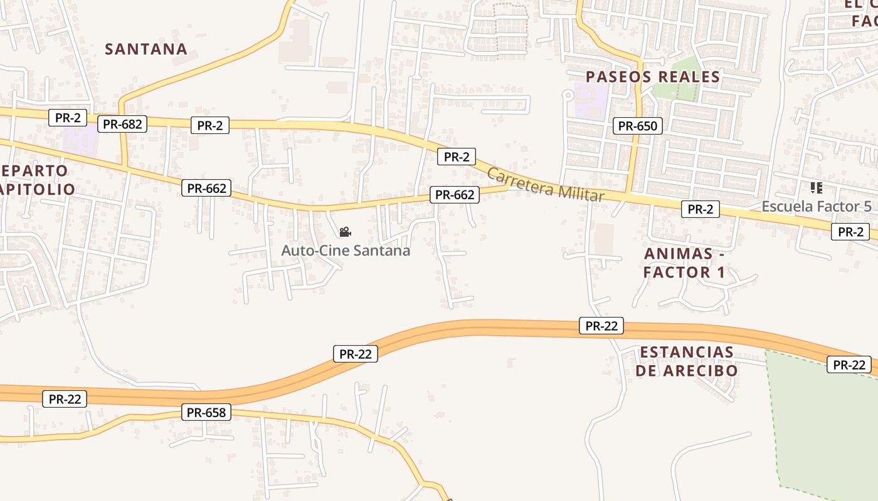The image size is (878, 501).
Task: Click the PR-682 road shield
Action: [x=123, y=124]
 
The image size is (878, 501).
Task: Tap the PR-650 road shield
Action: [x=637, y=126]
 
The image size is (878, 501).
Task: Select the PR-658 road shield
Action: [x=206, y=413]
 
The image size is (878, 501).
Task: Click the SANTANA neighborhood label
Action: [x=146, y=49]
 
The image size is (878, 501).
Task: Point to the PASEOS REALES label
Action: [x=652, y=77]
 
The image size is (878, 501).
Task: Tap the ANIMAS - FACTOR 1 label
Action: [x=684, y=263]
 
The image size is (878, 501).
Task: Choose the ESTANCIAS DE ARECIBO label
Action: [x=686, y=361]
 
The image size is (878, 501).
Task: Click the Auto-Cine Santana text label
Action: [x=346, y=250]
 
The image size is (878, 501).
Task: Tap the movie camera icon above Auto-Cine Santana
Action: [x=345, y=232]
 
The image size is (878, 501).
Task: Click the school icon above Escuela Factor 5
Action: [x=816, y=187]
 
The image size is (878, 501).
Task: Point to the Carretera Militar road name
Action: [x=545, y=185]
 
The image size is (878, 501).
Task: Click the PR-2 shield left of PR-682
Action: [x=68, y=117]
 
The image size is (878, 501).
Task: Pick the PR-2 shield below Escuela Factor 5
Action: [x=850, y=232]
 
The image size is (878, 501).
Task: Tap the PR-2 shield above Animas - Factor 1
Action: [x=700, y=210]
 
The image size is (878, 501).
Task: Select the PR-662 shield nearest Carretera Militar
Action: [x=455, y=195]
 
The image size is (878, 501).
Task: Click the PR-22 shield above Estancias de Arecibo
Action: [x=601, y=326]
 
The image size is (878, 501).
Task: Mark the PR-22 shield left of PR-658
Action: [x=65, y=399]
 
